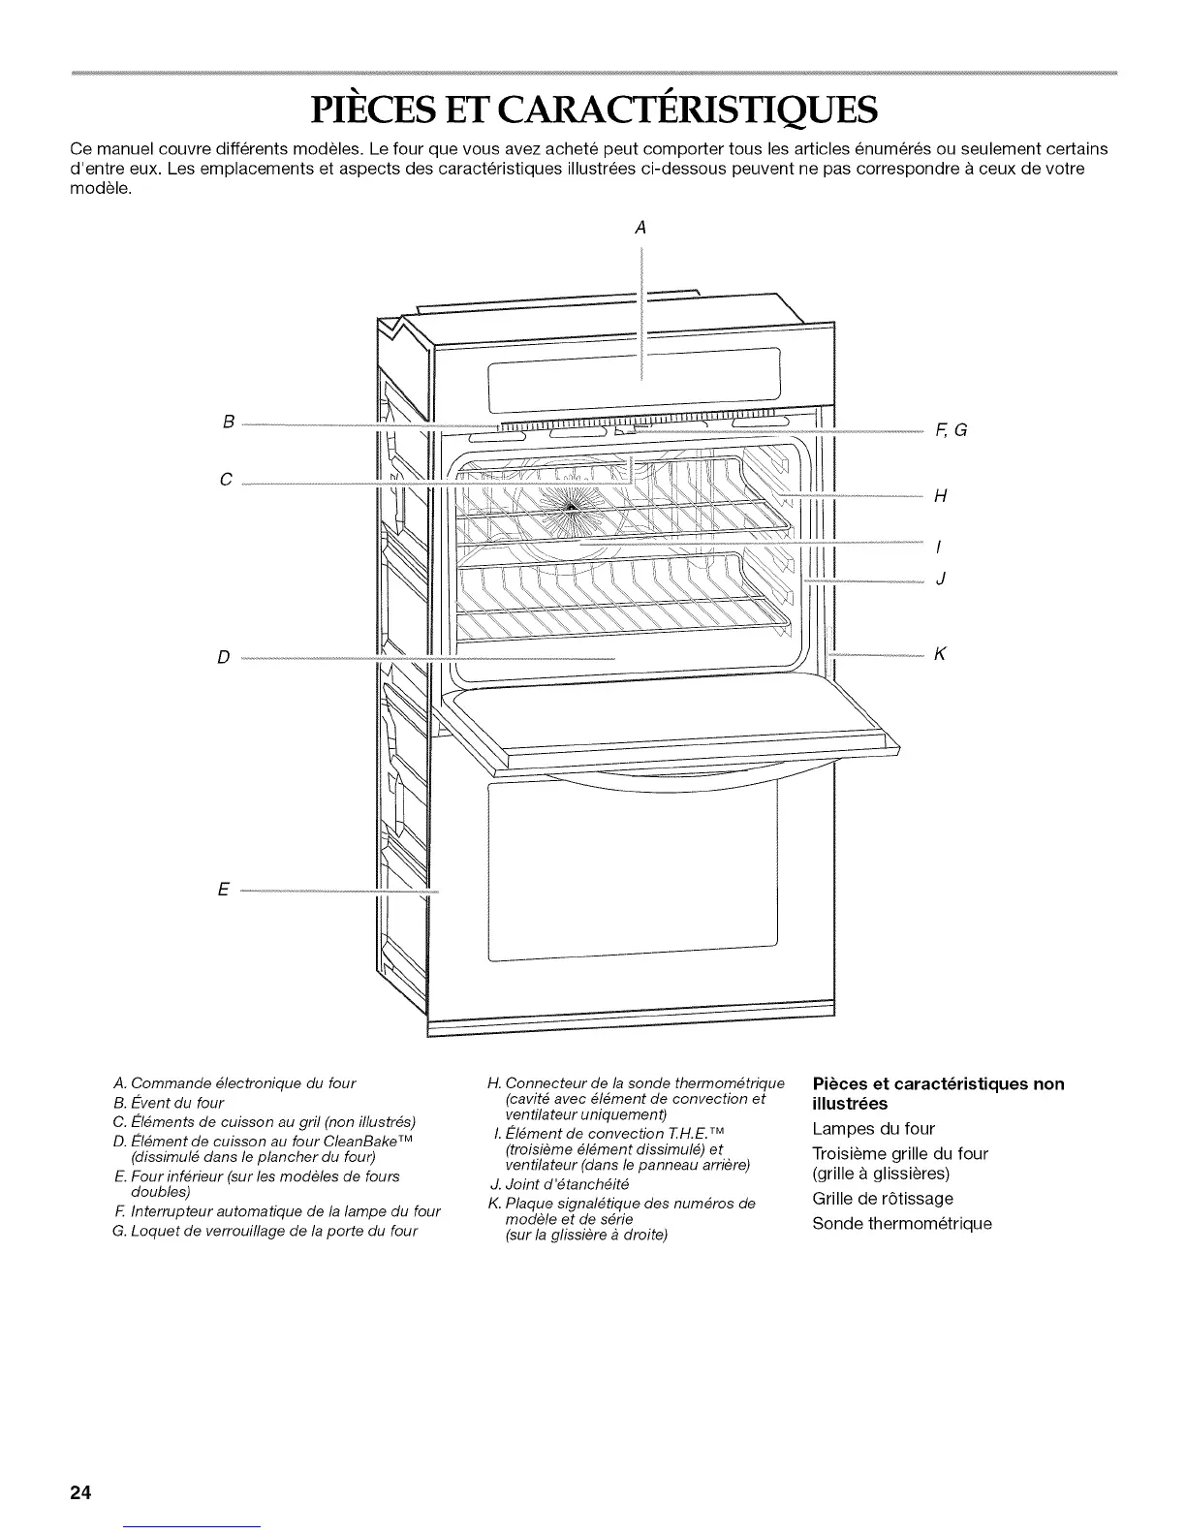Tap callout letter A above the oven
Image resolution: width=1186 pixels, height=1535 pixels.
point(640,229)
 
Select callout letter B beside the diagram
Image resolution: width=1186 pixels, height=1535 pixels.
point(228,423)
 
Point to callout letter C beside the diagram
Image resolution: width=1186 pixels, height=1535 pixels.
point(226,480)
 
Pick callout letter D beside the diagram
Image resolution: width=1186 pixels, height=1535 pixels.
point(224,658)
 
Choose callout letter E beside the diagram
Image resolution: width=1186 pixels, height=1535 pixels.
point(223,890)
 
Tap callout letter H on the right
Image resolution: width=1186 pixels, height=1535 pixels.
point(939,497)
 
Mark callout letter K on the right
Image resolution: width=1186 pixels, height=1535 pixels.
point(939,654)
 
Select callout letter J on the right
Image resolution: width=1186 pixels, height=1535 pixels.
point(940,580)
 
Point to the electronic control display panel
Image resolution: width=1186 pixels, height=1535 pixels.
point(635,373)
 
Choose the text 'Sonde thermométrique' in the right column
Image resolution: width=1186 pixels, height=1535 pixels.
point(902,1223)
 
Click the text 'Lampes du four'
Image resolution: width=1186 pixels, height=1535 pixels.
point(873,1128)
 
